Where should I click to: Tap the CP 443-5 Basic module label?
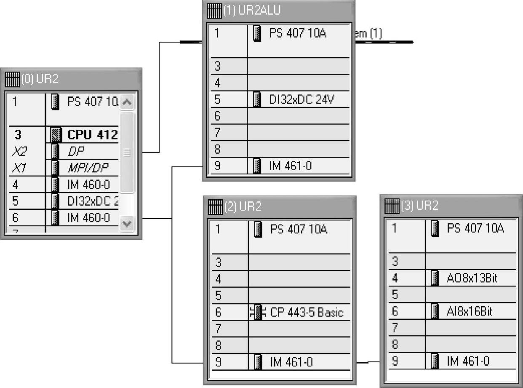pyautogui.click(x=307, y=313)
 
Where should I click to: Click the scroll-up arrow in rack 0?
pyautogui.click(x=127, y=102)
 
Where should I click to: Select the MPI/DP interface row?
pyautogui.click(x=88, y=168)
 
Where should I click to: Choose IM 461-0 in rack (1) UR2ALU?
pyautogui.click(x=290, y=166)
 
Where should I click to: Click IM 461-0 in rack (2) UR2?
pyautogui.click(x=291, y=361)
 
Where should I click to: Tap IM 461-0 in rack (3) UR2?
pyautogui.click(x=468, y=361)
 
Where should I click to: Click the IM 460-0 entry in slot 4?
pyautogui.click(x=88, y=185)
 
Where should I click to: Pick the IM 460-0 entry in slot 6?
pyautogui.click(x=88, y=218)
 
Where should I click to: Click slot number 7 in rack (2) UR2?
pyautogui.click(x=218, y=328)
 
